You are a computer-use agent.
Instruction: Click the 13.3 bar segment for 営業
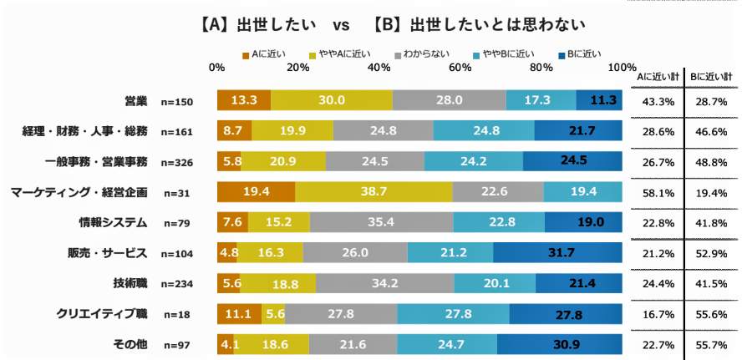pos(243,100)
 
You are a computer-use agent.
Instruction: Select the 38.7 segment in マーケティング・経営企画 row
pos(374,192)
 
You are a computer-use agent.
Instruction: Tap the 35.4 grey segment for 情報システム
pos(381,223)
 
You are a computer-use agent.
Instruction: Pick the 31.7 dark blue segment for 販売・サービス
pos(557,253)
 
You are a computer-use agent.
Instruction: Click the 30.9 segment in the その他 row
pos(560,344)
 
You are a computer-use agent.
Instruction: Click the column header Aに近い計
pos(658,76)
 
